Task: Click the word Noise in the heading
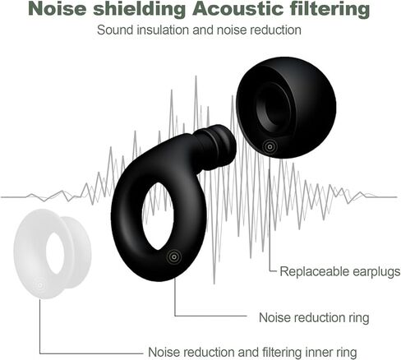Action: pos(57,9)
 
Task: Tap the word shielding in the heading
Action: pos(140,9)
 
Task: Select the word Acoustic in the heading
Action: pos(238,9)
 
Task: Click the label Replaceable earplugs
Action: pos(340,271)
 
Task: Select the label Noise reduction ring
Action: pos(314,317)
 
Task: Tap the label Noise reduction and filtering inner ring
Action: pos(252,352)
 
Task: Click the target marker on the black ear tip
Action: pos(270,146)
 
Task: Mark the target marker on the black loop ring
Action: pos(173,257)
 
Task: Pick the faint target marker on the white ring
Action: pos(40,285)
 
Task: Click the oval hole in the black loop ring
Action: pos(158,216)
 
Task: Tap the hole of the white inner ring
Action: pos(55,253)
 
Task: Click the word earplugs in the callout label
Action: pos(376,272)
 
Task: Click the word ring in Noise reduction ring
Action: pos(359,318)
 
